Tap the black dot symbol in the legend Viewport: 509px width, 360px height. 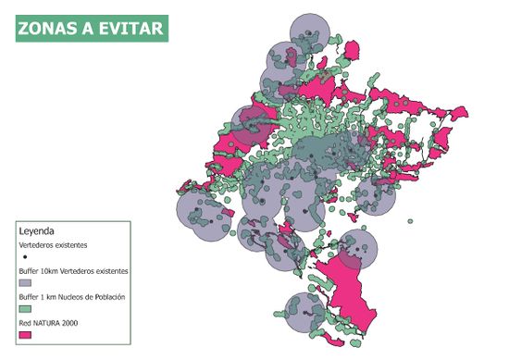click(x=25, y=254)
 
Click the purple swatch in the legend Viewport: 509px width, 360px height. click(x=25, y=281)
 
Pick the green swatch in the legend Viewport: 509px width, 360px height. click(x=25, y=307)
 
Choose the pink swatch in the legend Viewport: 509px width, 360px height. click(x=25, y=334)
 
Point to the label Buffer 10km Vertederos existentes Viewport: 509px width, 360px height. click(x=73, y=270)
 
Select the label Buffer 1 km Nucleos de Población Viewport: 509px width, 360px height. click(x=71, y=297)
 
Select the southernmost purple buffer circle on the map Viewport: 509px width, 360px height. click(x=308, y=318)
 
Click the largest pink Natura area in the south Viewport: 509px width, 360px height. click(x=352, y=296)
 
